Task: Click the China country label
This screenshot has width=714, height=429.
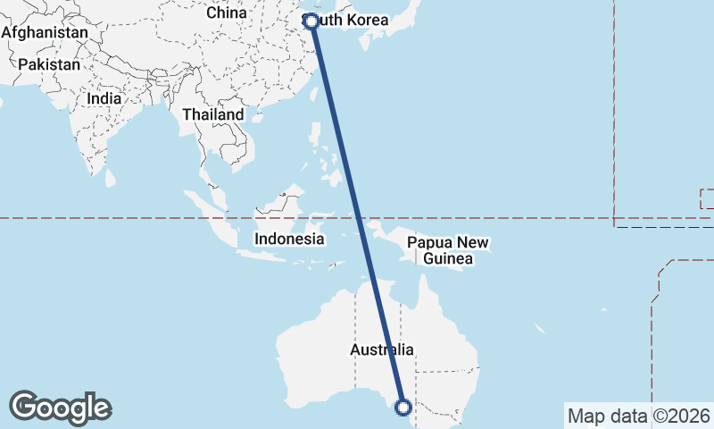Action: click(226, 13)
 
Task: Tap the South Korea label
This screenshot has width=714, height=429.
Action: click(347, 19)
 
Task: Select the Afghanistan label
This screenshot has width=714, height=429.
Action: click(46, 32)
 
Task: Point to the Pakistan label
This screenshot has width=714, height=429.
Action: click(49, 64)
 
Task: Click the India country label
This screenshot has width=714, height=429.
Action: click(105, 98)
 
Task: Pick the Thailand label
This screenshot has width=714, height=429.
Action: click(212, 115)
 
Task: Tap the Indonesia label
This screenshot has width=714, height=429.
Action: click(289, 239)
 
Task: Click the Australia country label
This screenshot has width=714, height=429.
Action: click(382, 349)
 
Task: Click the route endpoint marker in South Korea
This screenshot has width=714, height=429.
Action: click(311, 21)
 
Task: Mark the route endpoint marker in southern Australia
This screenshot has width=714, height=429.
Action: click(403, 408)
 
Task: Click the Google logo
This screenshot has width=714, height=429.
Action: click(60, 408)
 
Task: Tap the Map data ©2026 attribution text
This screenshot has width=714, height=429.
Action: click(639, 416)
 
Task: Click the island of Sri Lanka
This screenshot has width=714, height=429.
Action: click(111, 178)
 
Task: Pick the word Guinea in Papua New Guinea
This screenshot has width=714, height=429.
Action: click(448, 259)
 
